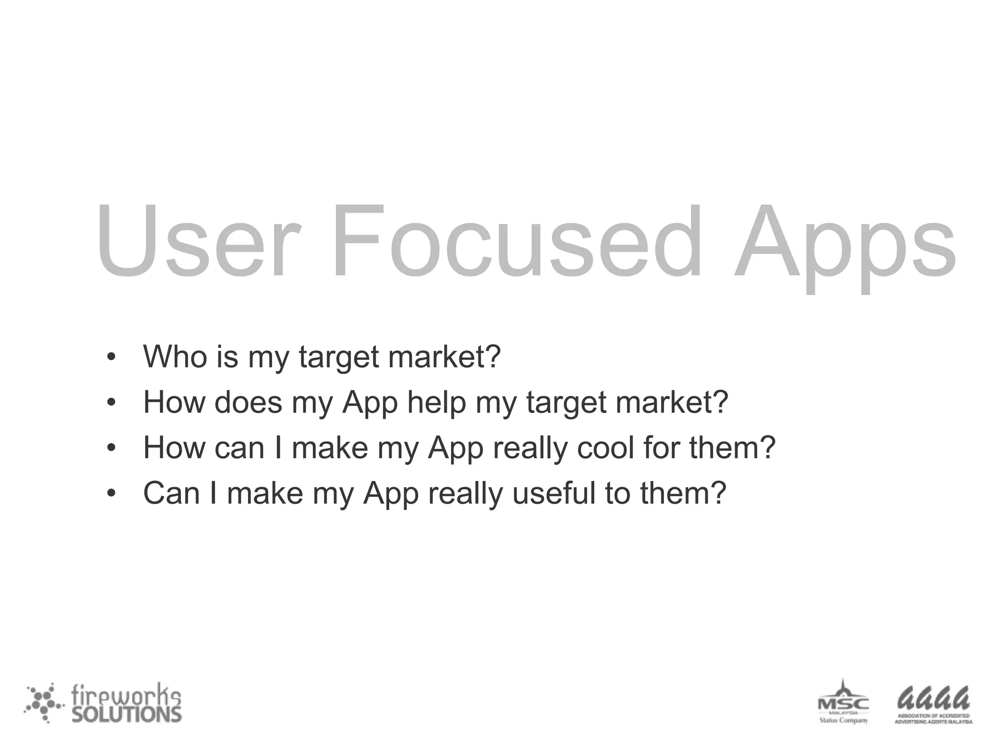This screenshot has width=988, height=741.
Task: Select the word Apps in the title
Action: click(844, 246)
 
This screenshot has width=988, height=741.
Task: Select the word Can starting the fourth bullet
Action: click(171, 493)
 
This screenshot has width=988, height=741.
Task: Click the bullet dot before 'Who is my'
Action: click(111, 357)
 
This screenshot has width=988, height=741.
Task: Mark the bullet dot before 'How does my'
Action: click(111, 403)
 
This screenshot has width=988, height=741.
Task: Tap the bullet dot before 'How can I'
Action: click(111, 449)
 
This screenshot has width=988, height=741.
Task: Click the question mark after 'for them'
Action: click(767, 447)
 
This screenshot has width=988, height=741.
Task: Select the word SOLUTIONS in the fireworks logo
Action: click(127, 714)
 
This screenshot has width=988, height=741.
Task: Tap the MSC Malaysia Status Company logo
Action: click(843, 702)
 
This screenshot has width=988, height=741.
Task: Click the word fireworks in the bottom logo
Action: click(126, 696)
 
